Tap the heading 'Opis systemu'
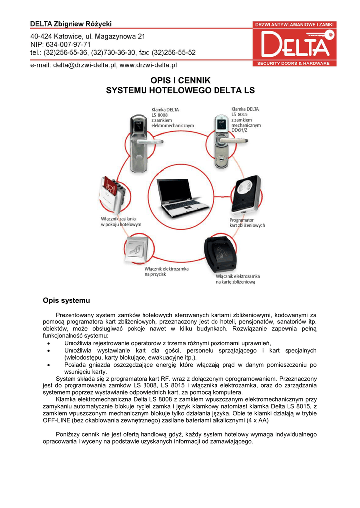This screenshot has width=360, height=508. [x=67, y=300]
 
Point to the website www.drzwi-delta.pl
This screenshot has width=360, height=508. [x=148, y=65]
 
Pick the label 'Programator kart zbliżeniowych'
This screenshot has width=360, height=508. [x=247, y=222]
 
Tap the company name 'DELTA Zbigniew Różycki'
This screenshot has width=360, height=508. [x=71, y=24]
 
